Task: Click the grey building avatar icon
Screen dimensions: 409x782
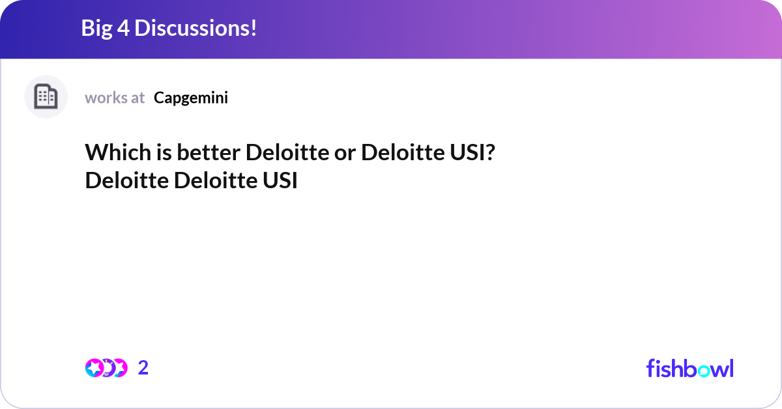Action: click(x=46, y=97)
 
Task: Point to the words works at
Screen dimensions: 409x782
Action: click(x=115, y=98)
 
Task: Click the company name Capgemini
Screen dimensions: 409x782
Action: click(x=191, y=98)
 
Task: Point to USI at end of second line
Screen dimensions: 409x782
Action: click(x=280, y=180)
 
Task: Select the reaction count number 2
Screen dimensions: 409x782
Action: click(x=143, y=368)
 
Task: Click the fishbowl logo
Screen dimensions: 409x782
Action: click(x=689, y=368)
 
